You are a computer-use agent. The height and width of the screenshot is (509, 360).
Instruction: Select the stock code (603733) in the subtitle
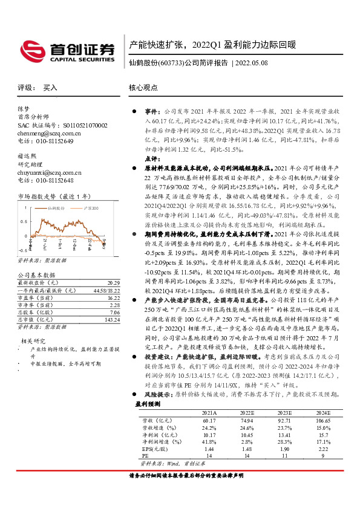171,62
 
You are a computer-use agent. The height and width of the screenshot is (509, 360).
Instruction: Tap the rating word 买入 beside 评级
50,88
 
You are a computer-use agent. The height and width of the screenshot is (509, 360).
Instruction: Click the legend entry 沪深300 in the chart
90,208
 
